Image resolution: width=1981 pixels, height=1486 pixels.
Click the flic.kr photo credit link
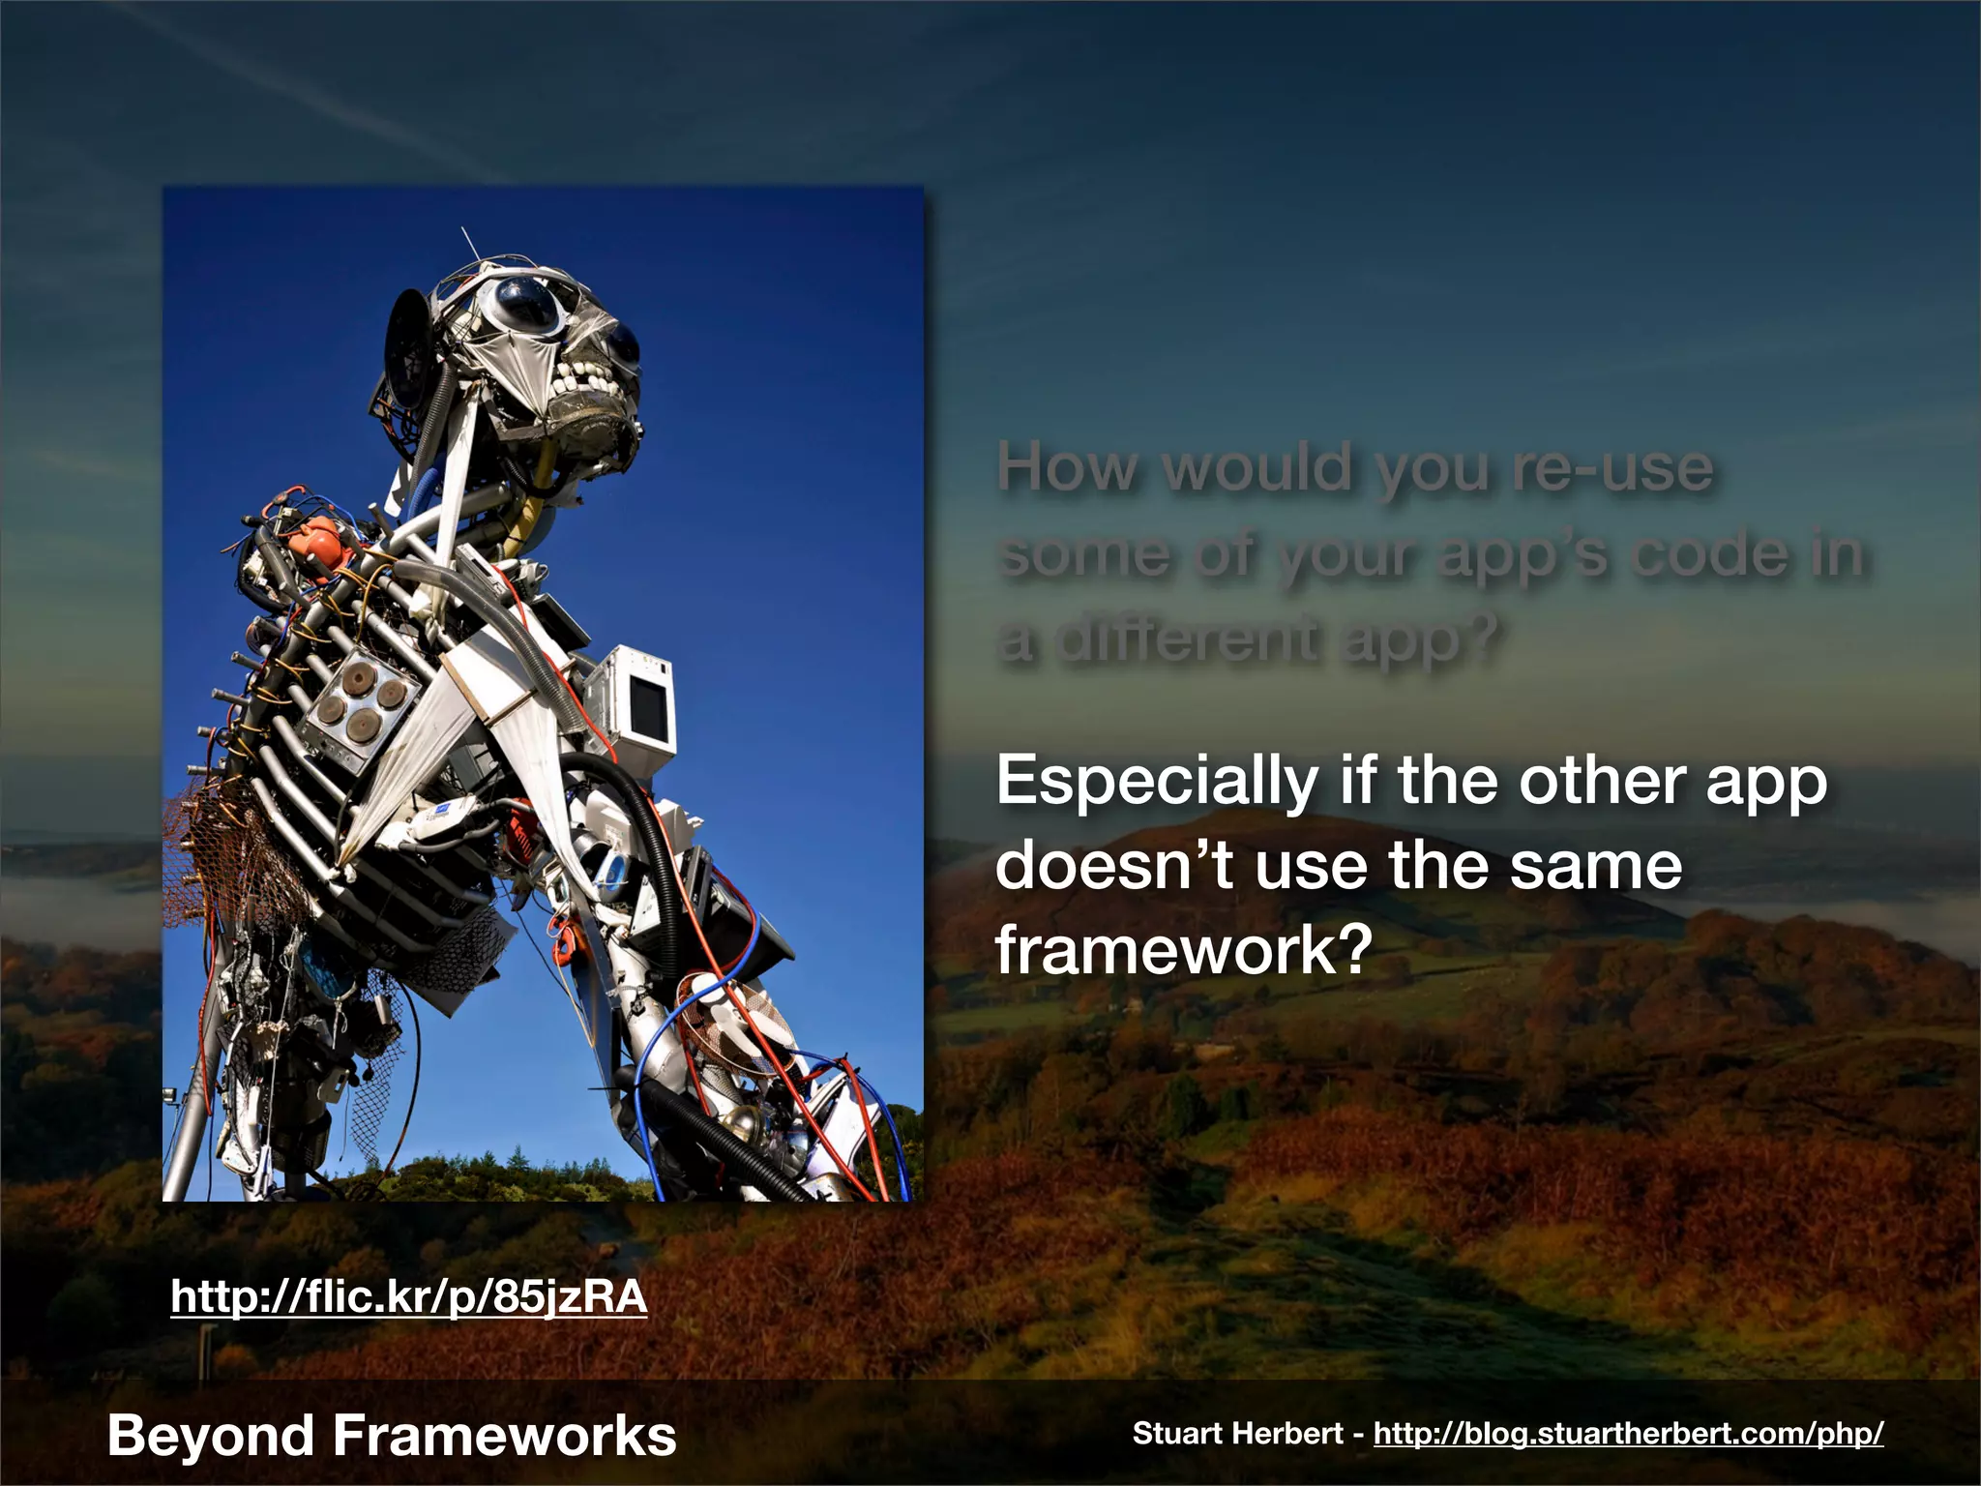(408, 1296)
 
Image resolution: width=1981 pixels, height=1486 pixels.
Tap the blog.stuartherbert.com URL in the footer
(1628, 1433)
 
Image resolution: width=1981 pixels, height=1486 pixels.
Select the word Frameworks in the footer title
(504, 1435)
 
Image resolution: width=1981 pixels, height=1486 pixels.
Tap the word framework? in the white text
(1184, 949)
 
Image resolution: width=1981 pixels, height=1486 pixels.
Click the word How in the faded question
(1068, 468)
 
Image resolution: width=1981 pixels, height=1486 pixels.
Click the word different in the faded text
(1186, 639)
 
